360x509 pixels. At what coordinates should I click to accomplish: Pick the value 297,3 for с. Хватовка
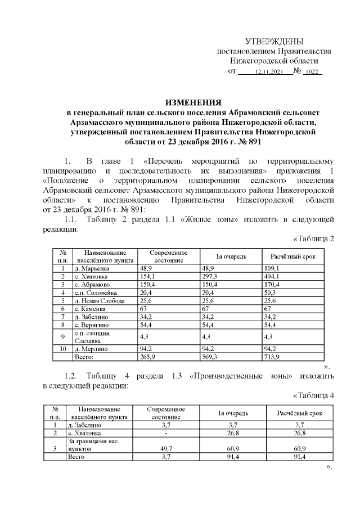[x=210, y=277]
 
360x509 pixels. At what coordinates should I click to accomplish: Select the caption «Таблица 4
[x=314, y=394]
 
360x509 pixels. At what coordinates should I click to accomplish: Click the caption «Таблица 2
[x=314, y=238]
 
